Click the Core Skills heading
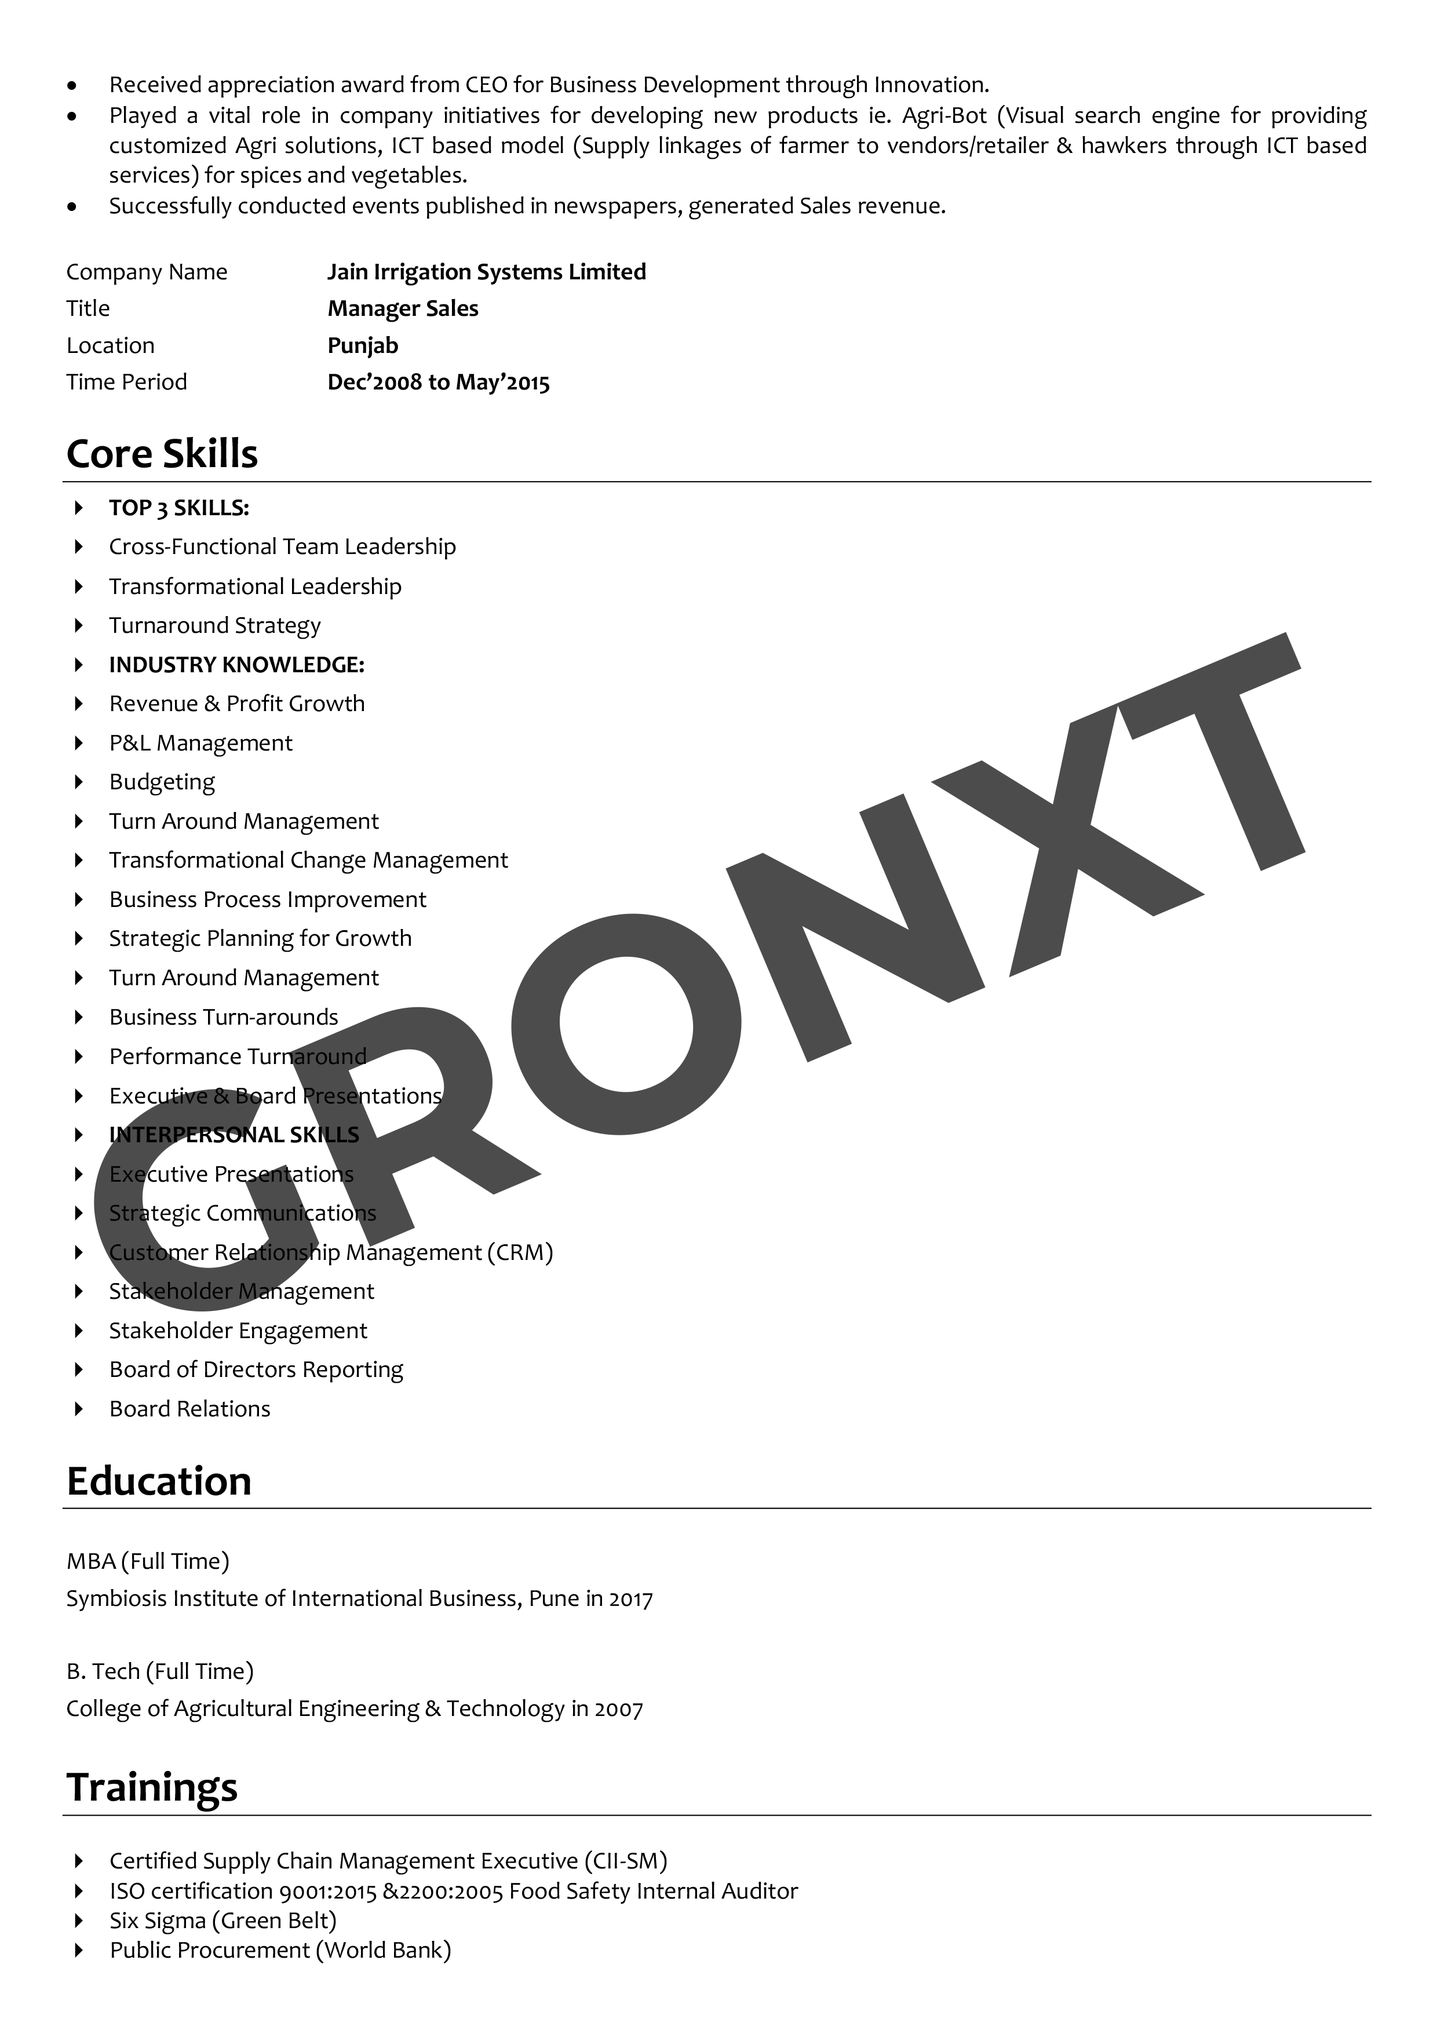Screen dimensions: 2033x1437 pos(162,454)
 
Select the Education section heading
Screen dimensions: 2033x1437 pos(159,1481)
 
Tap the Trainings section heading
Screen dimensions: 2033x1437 pos(152,1787)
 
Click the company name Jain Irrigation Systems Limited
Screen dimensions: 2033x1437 pos(486,272)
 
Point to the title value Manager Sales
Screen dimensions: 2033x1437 pos(403,309)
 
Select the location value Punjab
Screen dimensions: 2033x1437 pos(363,345)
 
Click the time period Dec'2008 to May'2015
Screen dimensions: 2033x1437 pos(438,382)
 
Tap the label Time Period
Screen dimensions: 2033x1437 pos(127,382)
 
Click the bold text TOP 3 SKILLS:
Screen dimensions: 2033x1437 pos(179,508)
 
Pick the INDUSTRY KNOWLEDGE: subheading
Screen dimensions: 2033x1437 pos(236,665)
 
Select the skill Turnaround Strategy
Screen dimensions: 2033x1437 pos(214,626)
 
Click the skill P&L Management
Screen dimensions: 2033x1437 pos(200,744)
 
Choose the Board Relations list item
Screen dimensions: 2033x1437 pos(189,1409)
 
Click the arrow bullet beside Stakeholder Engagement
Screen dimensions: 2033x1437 pos(79,1331)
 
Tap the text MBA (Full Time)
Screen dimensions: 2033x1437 pos(148,1561)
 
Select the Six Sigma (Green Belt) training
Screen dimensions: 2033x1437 pos(223,1921)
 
